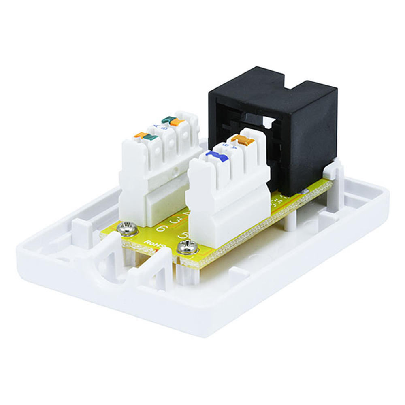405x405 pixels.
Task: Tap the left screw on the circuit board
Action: pyautogui.click(x=126, y=229)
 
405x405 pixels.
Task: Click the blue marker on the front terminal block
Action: pyautogui.click(x=213, y=156)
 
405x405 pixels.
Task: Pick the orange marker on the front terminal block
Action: pyautogui.click(x=242, y=140)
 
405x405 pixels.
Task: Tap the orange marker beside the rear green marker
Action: pyautogui.click(x=177, y=122)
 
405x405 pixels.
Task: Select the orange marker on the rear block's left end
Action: pyautogui.click(x=141, y=135)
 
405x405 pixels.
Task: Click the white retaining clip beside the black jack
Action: pyautogui.click(x=335, y=170)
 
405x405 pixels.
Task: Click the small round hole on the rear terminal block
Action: pyautogui.click(x=175, y=172)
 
